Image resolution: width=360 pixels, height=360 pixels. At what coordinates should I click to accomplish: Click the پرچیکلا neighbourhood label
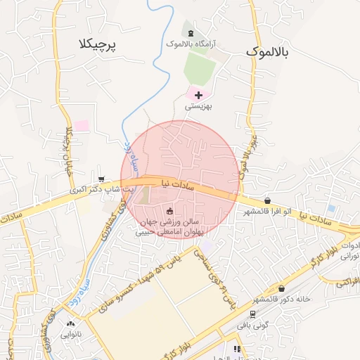tap(98, 44)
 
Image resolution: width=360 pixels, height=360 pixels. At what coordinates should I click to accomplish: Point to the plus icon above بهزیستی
tap(198, 94)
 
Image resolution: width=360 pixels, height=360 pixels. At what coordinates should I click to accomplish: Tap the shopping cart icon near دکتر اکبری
tap(103, 180)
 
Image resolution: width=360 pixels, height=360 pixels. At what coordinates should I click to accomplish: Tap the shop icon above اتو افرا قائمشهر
tap(267, 200)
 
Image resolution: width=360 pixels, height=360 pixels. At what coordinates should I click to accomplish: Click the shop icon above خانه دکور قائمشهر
tap(281, 288)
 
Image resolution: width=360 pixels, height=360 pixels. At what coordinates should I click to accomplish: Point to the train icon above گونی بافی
tap(252, 313)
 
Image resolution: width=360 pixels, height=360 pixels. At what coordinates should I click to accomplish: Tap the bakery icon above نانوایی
tap(70, 324)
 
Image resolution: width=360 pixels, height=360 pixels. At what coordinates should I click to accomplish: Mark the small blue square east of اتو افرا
tap(330, 208)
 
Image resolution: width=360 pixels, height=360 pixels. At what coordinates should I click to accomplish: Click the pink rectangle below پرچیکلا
tap(82, 126)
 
